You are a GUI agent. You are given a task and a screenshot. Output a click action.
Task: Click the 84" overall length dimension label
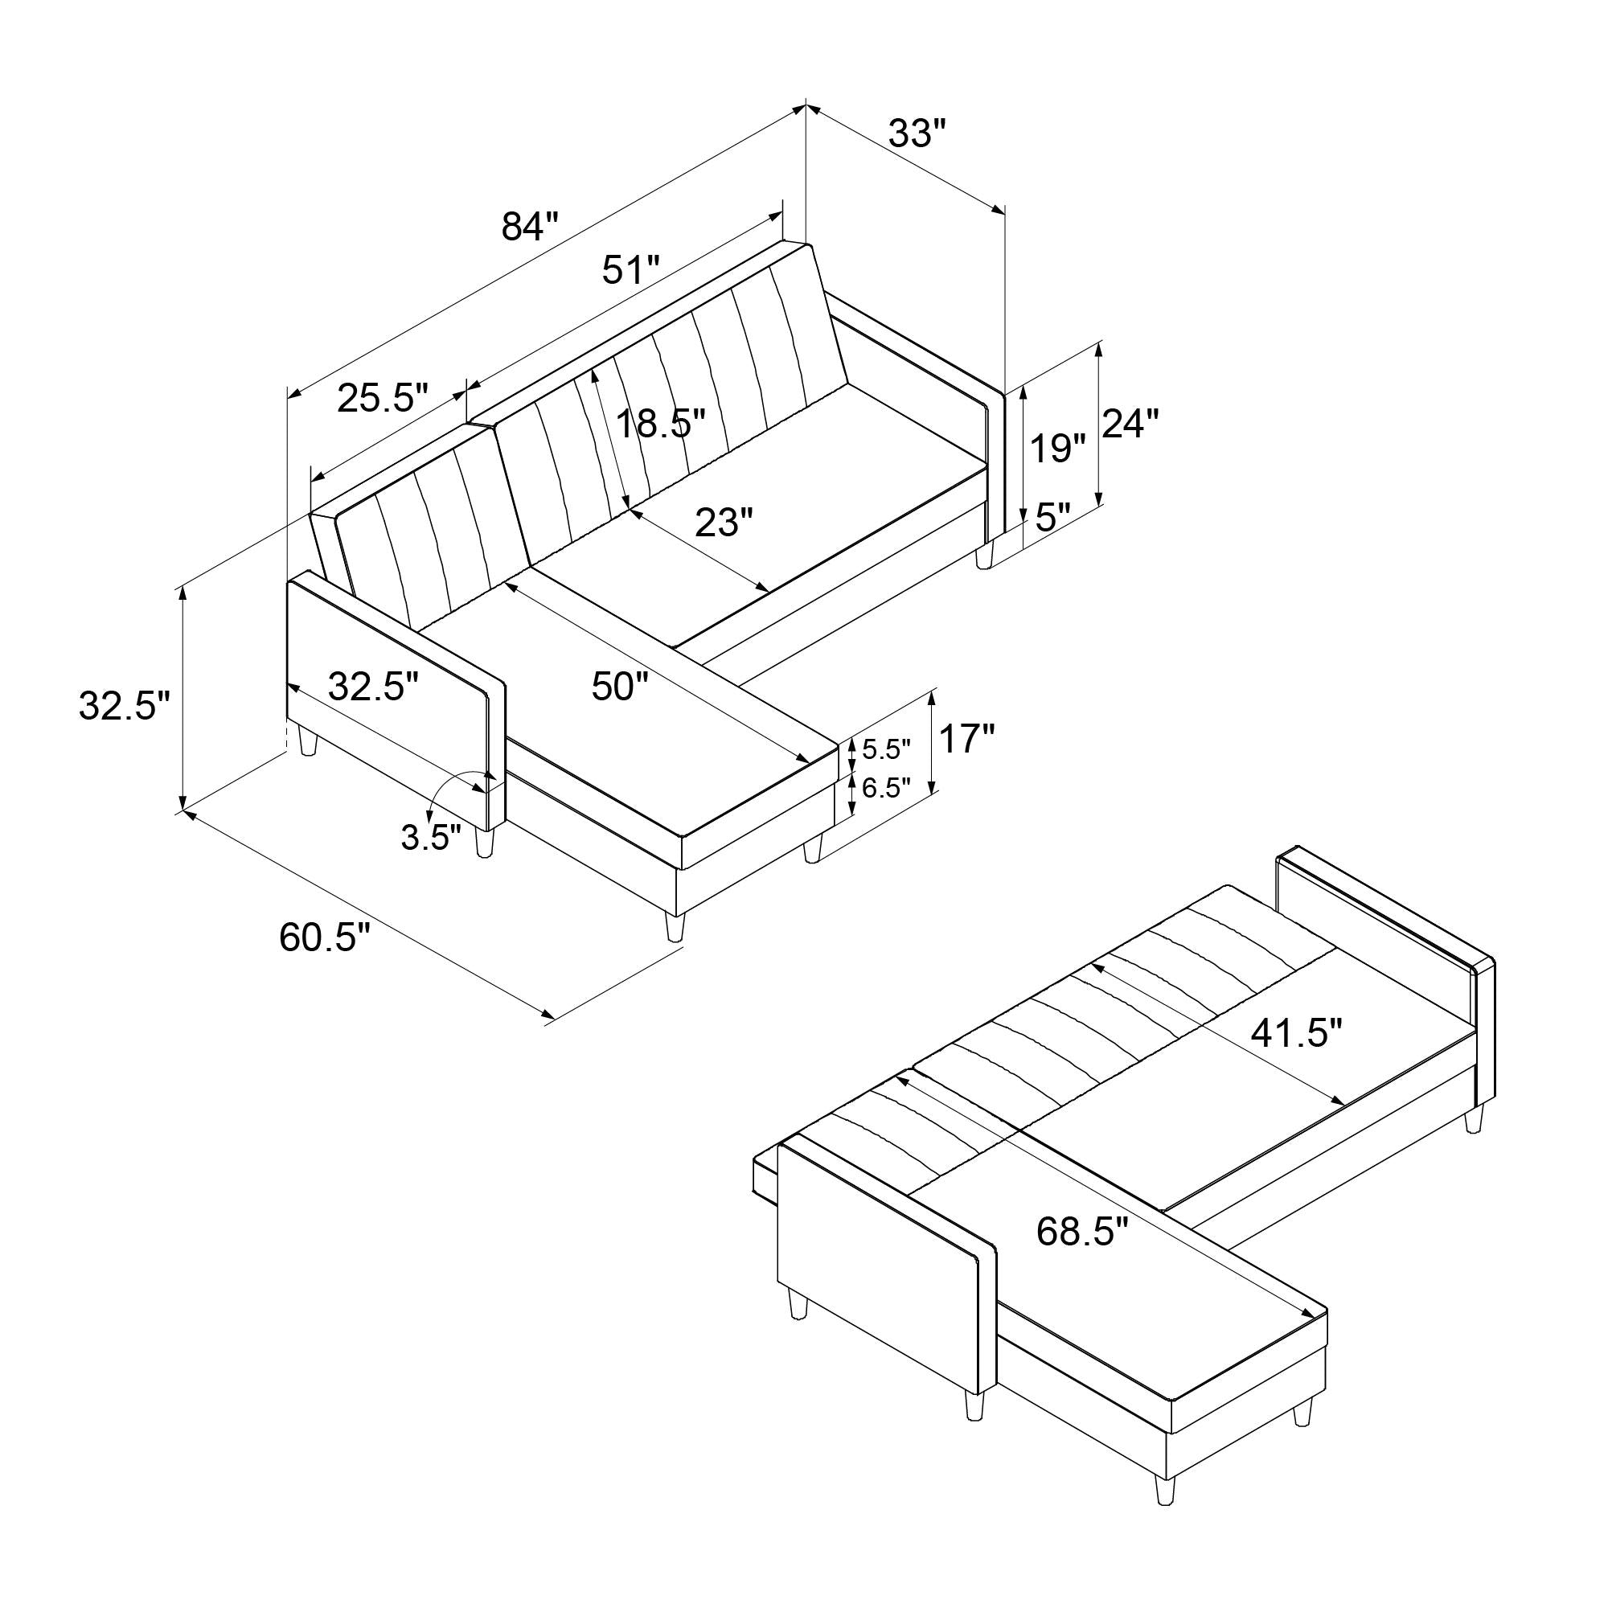tap(529, 227)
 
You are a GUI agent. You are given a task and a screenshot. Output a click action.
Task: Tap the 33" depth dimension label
tap(917, 133)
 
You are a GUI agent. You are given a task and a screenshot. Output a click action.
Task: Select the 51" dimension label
tap(631, 270)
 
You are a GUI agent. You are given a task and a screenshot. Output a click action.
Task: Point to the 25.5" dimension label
tap(383, 399)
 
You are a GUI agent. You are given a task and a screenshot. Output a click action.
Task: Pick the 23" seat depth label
tap(724, 523)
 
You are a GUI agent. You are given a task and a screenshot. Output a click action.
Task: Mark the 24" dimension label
tap(1130, 425)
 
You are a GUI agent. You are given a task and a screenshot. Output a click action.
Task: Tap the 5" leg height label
tap(1057, 518)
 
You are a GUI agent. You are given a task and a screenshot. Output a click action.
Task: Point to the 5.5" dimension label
tap(886, 750)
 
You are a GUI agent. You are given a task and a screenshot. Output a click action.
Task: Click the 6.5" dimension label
tap(886, 788)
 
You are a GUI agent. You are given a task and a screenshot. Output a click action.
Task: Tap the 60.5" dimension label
tap(324, 938)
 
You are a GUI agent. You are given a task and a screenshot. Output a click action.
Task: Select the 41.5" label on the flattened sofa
tap(1297, 1034)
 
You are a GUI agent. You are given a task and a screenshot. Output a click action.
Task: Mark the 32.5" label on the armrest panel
tap(373, 687)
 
